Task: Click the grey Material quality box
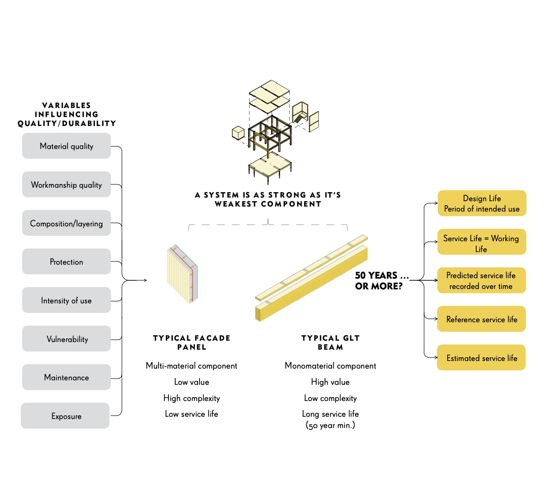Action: (x=66, y=146)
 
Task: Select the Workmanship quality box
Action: (x=66, y=185)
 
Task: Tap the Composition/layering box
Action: (x=66, y=223)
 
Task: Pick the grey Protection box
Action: (x=66, y=261)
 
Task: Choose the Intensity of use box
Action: (x=66, y=300)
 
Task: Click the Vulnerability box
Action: (x=66, y=339)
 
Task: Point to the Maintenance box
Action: (x=66, y=377)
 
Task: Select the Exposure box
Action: (x=65, y=416)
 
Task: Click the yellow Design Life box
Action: (x=482, y=203)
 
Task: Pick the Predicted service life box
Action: (x=481, y=280)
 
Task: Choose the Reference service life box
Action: (x=481, y=319)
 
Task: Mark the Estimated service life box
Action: (x=481, y=358)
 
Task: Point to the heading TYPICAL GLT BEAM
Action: (x=331, y=342)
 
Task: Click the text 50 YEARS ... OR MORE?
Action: (x=381, y=281)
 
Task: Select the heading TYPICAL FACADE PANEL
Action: (x=191, y=342)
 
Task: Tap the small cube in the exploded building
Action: (x=238, y=133)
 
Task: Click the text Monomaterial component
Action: (x=331, y=366)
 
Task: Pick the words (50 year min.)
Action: (x=331, y=425)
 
